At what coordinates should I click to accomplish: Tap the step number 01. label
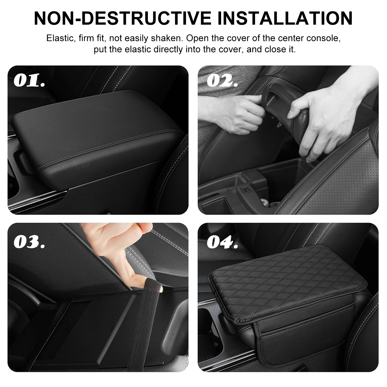pyautogui.click(x=29, y=80)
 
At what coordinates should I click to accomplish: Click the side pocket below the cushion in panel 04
pyautogui.click(x=304, y=341)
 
